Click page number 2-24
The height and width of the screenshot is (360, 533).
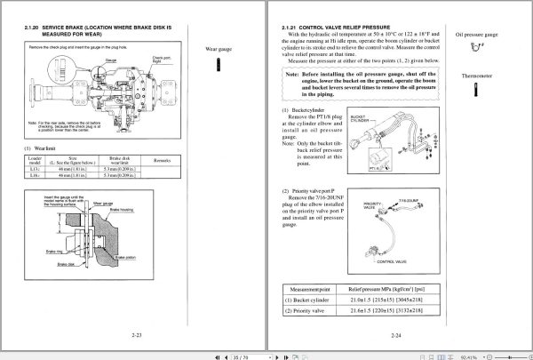[396, 336]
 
